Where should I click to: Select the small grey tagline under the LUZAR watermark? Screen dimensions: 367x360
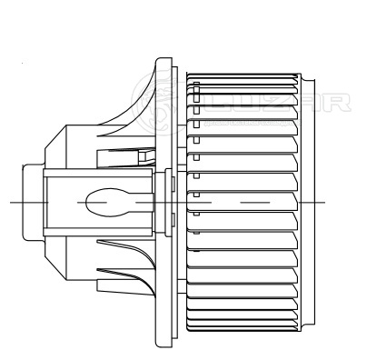click(253, 123)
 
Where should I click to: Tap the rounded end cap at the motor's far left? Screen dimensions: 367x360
click(34, 202)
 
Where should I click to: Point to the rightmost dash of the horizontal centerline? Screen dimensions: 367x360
click(312, 202)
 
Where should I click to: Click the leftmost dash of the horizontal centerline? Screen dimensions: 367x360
click(29, 202)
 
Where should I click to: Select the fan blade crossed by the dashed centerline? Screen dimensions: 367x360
click(243, 202)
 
